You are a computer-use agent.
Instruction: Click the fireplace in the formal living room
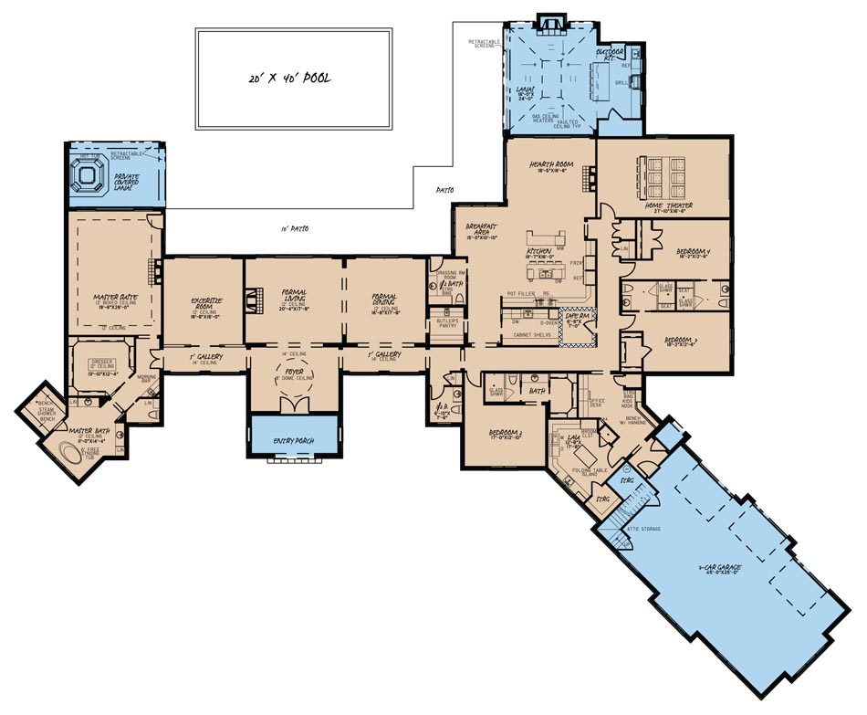pyautogui.click(x=256, y=300)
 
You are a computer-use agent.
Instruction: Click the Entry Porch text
pyautogui.click(x=293, y=441)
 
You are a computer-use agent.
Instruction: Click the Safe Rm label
pyautogui.click(x=577, y=316)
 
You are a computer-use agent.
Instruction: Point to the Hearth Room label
pyautogui.click(x=549, y=165)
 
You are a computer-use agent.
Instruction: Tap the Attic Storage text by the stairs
pyautogui.click(x=643, y=529)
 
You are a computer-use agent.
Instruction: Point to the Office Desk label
pyautogui.click(x=598, y=402)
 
